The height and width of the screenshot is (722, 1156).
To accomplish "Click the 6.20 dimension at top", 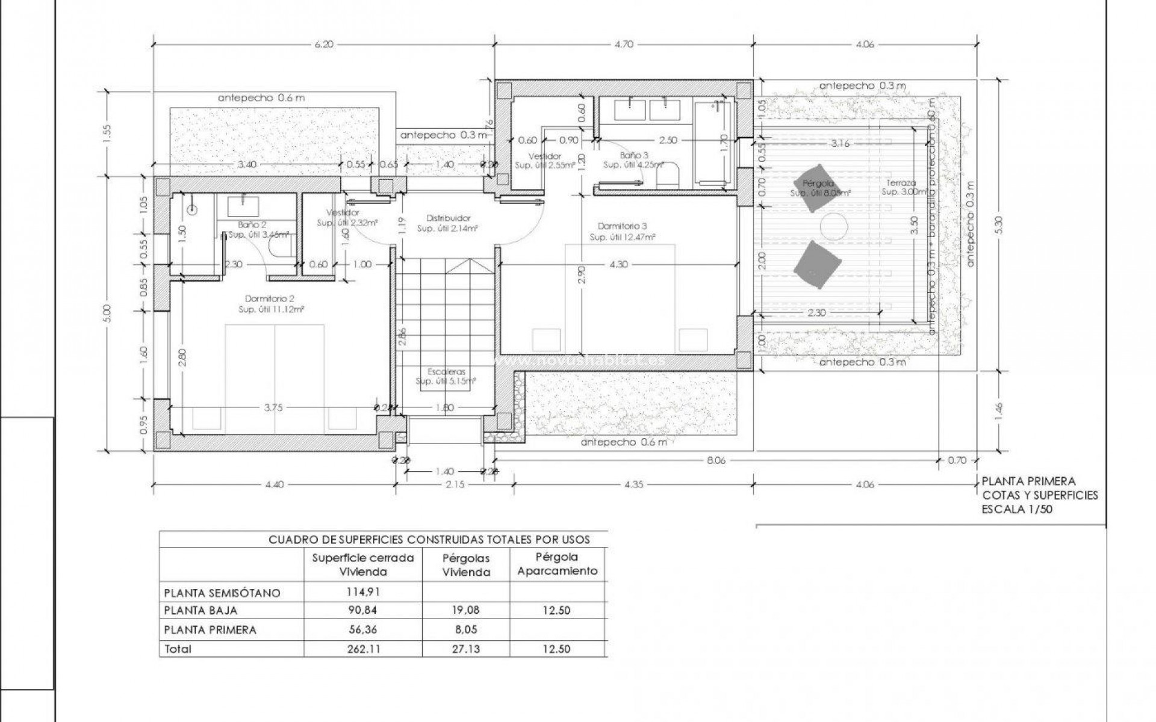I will tap(323, 44).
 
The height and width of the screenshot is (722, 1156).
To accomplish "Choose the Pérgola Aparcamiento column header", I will tap(558, 564).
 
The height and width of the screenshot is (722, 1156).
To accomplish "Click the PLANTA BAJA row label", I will tap(200, 611).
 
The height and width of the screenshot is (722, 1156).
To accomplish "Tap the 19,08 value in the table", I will tap(465, 611).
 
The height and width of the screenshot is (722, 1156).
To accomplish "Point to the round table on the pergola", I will tap(834, 227).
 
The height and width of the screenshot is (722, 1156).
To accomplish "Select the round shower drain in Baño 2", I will tap(192, 210).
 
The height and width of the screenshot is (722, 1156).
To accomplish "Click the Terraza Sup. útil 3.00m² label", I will tap(900, 187).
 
